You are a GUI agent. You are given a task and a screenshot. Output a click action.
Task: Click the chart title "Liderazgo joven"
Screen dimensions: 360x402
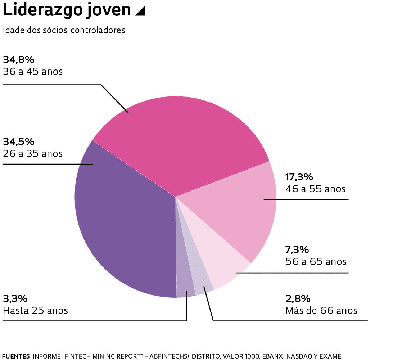(67, 11)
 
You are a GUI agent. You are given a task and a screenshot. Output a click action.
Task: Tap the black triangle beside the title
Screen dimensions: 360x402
(140, 12)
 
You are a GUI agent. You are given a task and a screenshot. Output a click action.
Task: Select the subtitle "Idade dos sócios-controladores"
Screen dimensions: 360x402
(64, 30)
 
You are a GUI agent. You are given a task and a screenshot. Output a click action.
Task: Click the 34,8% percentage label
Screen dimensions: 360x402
(18, 60)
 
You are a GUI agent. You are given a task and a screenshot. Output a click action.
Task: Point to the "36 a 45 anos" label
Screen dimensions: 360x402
(33, 72)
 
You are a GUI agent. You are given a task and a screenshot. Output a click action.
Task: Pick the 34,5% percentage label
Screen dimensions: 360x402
(18, 141)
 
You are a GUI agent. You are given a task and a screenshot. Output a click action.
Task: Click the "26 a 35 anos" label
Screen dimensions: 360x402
(33, 154)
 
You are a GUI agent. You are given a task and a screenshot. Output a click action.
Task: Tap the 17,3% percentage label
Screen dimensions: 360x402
(299, 177)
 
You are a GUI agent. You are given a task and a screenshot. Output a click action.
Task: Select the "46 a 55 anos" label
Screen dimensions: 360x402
(315, 189)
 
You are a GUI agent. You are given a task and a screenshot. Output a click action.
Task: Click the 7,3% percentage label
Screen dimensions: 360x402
(297, 249)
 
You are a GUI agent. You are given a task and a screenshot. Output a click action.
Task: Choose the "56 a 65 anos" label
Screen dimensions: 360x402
(316, 261)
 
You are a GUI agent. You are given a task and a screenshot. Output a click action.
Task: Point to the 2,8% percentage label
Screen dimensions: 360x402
(298, 298)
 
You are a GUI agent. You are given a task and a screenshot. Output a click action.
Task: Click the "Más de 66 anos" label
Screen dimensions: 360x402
(321, 310)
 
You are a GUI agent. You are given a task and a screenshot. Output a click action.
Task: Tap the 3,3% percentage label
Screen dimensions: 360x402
(15, 298)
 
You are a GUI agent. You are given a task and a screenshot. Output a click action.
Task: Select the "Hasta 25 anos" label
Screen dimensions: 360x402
(35, 310)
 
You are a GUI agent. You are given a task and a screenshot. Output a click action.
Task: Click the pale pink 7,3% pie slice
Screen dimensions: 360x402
(223, 263)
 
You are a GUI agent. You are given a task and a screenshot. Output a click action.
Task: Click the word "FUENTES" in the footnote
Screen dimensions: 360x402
(16, 356)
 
